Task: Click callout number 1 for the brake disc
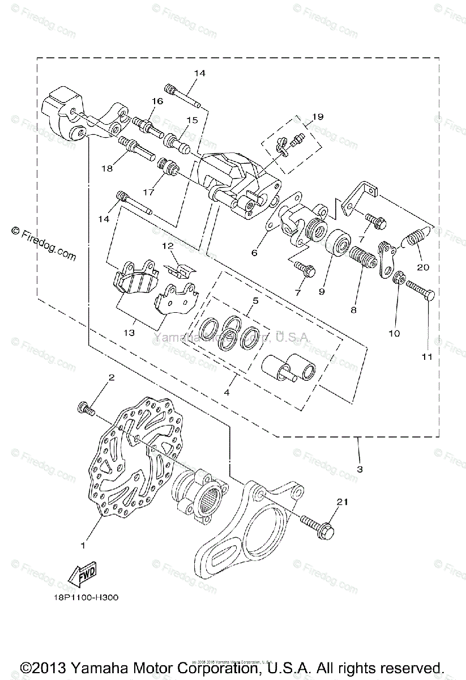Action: (x=83, y=546)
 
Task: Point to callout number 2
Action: (x=112, y=377)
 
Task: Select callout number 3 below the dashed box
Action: (x=360, y=469)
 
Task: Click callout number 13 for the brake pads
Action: (x=130, y=333)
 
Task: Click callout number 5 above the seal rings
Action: (x=255, y=300)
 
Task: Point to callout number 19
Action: (x=317, y=117)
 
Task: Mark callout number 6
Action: (x=254, y=253)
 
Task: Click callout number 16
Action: (x=156, y=101)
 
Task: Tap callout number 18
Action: (x=106, y=168)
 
